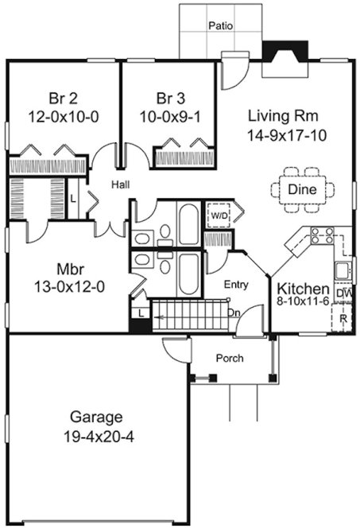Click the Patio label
click(220, 25)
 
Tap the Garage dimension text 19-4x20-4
click(95, 436)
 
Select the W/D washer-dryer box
click(218, 214)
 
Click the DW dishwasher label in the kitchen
click(343, 293)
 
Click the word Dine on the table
click(302, 189)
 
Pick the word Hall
click(121, 184)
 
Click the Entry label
click(236, 284)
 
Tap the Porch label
click(230, 358)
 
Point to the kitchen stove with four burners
click(322, 235)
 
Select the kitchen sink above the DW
click(343, 270)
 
